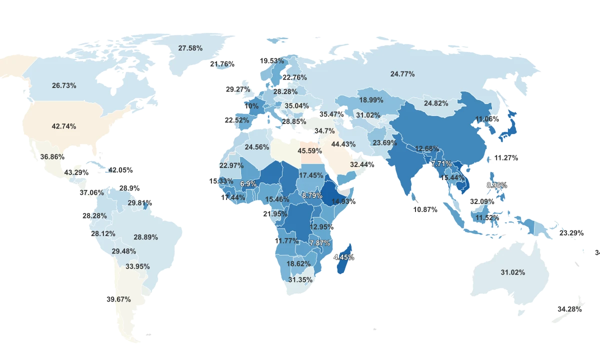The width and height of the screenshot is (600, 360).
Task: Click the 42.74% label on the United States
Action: point(64,126)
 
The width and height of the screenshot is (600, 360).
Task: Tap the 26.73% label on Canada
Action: point(64,85)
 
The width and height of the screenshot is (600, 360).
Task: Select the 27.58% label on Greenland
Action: point(190,48)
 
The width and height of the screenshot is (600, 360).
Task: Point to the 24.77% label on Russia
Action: point(402,74)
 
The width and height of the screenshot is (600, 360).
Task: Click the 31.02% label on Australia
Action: point(512,272)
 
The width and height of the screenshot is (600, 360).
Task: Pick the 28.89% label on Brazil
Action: point(145,237)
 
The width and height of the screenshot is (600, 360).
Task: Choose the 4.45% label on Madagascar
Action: point(344,257)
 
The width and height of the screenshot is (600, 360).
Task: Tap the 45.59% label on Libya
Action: point(309,151)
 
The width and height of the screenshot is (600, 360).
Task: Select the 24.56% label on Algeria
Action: point(257,147)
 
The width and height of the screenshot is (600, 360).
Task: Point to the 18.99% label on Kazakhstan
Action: point(371,100)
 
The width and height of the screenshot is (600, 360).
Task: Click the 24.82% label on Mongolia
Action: point(436,103)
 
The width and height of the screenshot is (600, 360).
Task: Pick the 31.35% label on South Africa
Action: point(300,279)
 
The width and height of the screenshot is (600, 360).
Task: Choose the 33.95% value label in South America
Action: point(137,266)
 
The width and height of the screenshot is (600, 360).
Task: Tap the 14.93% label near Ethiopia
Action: point(342,201)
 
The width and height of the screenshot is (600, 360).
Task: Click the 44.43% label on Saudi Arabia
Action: point(343,144)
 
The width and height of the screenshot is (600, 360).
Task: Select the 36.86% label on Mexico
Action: point(52,156)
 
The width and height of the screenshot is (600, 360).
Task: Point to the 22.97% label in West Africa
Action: point(231,165)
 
